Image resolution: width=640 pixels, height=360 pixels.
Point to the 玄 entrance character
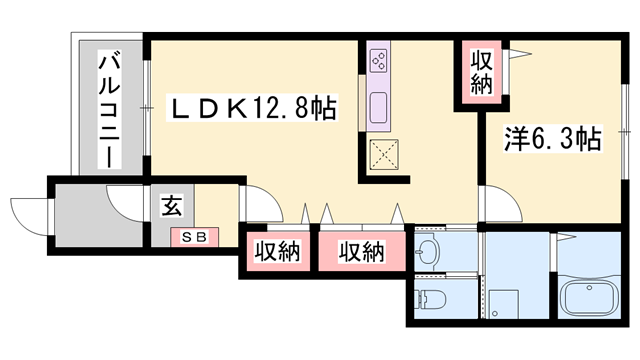tap(170, 208)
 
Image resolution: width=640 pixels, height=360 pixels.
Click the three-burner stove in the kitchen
tap(379, 60)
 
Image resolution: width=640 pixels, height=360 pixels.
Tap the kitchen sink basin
tap(379, 105)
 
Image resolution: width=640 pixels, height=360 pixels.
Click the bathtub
tap(592, 298)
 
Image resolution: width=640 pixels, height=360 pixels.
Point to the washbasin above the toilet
tap(431, 249)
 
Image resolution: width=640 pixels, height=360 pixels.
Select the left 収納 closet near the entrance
tap(275, 252)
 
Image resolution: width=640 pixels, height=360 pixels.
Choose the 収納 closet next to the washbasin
tap(361, 252)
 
